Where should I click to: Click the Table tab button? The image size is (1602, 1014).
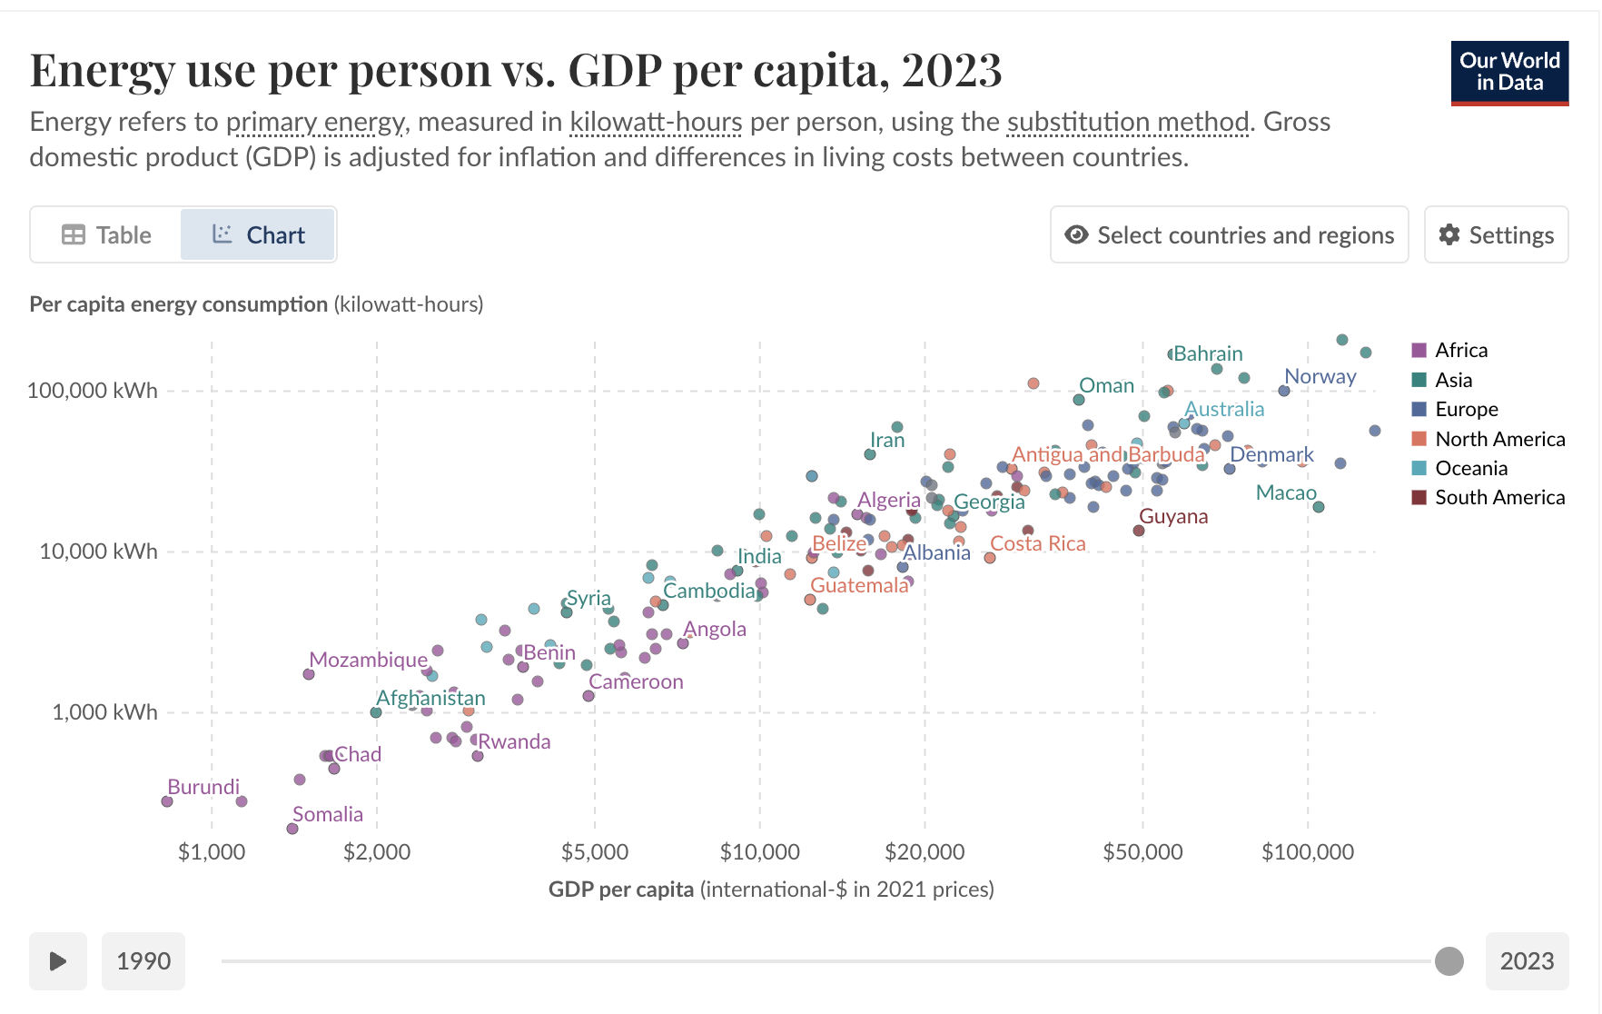point(106,235)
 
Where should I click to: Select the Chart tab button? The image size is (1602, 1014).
point(258,235)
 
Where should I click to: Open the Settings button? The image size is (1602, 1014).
point(1496,235)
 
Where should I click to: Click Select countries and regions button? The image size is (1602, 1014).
point(1229,235)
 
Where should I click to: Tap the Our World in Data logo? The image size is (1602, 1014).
point(1509,73)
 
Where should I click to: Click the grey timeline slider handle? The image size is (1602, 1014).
point(1449,960)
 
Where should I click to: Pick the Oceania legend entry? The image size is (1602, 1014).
point(1470,468)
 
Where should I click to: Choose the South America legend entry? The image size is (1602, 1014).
point(1499,497)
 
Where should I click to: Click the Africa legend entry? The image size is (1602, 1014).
point(1460,350)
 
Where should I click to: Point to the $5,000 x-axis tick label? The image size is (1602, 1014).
point(595,852)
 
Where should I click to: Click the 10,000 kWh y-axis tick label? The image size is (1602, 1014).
point(98,552)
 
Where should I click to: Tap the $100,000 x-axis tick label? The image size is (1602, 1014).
point(1307,852)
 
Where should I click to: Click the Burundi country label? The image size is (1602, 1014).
point(203,787)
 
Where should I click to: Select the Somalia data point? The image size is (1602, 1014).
point(292,829)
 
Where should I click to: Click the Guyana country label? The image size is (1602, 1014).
point(1173,516)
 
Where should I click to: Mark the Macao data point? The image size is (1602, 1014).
point(1319,507)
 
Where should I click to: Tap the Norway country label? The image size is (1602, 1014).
point(1320,376)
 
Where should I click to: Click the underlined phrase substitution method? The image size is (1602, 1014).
point(1128,122)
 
